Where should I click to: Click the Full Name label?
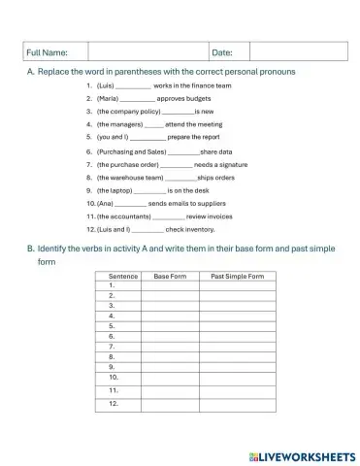pyautogui.click(x=47, y=51)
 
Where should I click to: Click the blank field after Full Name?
pyautogui.click(x=147, y=51)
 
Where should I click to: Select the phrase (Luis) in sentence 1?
pyautogui.click(x=106, y=86)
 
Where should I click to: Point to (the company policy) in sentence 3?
pyautogui.click(x=128, y=112)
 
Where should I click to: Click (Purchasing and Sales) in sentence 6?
pyautogui.click(x=132, y=152)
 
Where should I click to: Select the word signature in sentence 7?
pyautogui.click(x=228, y=165)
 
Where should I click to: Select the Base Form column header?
pyautogui.click(x=170, y=277)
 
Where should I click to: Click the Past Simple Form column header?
pyautogui.click(x=237, y=277)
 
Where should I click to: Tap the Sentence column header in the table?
pyautogui.click(x=122, y=277)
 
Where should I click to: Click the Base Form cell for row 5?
pyautogui.click(x=170, y=326)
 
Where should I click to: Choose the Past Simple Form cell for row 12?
pyautogui.click(x=237, y=403)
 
